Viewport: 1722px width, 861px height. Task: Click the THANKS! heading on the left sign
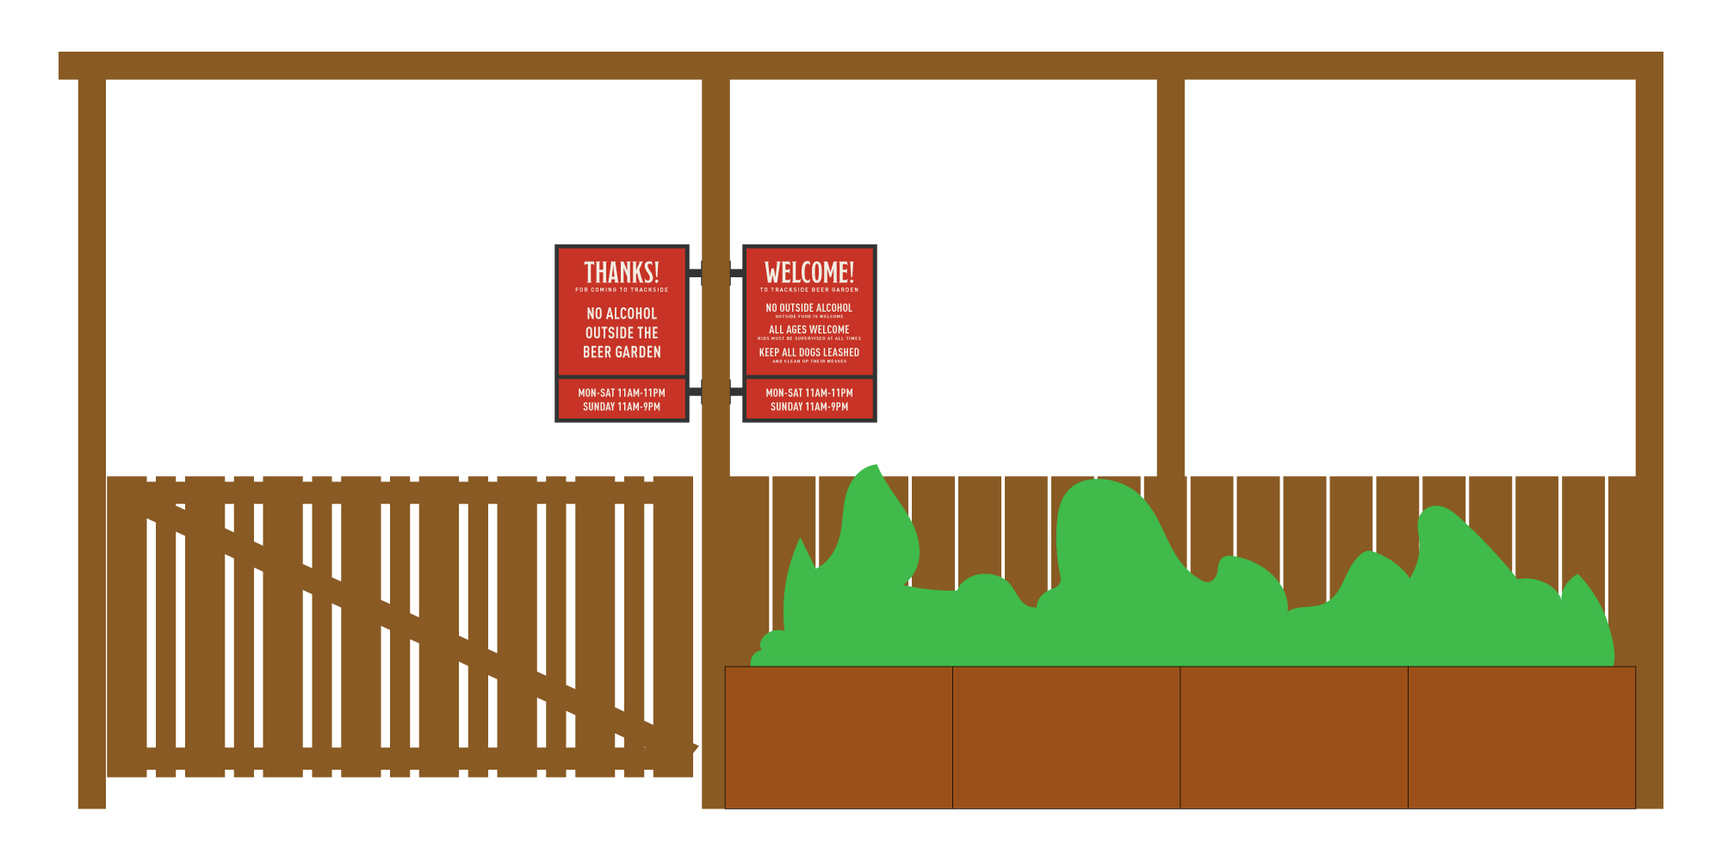(x=622, y=272)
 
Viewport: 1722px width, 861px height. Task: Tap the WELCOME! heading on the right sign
(x=809, y=272)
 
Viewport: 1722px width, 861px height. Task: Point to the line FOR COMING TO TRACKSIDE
(x=622, y=290)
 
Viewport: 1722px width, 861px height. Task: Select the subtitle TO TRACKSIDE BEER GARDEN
(x=809, y=290)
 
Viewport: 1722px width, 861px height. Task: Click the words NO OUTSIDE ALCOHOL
(x=809, y=307)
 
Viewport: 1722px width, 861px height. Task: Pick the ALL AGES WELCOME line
(x=809, y=330)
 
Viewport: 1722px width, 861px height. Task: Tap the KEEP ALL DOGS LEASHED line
(x=809, y=352)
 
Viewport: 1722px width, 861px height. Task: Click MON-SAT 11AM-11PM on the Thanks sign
(x=622, y=393)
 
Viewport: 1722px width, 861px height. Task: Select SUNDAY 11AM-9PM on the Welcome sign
(x=809, y=406)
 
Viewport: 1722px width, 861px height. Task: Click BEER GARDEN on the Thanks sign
(x=622, y=352)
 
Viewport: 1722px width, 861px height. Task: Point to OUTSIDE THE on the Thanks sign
(x=622, y=333)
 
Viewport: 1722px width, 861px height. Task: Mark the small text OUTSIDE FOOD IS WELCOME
(x=809, y=317)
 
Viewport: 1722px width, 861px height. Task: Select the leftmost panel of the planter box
(x=839, y=737)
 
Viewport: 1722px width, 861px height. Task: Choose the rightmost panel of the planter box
(x=1521, y=737)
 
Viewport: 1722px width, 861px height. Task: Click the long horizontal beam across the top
(x=861, y=65)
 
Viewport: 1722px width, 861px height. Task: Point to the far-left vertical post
(x=91, y=430)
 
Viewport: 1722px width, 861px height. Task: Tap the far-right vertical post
(x=1649, y=430)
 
